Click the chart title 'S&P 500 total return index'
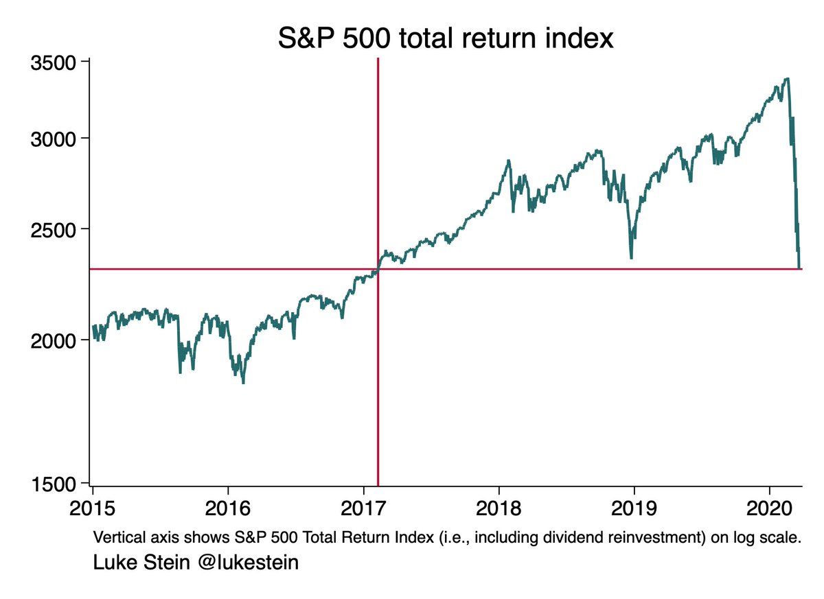[x=445, y=38]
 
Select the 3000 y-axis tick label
[x=52, y=139]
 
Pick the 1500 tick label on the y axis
[x=52, y=484]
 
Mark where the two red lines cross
[x=378, y=269]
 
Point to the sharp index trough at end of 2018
[x=631, y=257]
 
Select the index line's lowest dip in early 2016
[x=244, y=381]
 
